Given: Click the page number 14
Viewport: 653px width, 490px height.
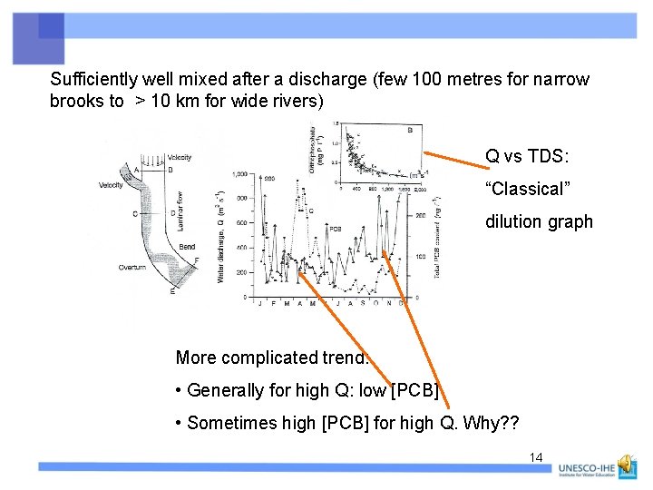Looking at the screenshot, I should (536, 457).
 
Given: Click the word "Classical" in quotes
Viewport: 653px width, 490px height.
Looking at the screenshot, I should (525, 189).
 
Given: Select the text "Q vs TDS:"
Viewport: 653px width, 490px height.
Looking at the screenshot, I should (527, 156).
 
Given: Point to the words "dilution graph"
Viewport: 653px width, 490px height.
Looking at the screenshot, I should (539, 221).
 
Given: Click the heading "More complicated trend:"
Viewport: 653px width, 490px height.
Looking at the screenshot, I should (273, 358).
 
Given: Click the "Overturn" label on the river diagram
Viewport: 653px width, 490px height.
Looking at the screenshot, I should (133, 268).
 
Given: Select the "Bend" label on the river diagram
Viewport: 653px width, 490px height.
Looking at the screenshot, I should (187, 247).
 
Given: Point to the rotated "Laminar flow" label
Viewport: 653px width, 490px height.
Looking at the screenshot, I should (180, 208).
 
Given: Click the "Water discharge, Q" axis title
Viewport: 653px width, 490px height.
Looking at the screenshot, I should (220, 236).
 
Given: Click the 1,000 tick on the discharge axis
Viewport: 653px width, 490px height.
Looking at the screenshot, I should (239, 174).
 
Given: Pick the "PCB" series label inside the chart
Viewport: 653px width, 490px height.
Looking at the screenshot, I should (335, 229).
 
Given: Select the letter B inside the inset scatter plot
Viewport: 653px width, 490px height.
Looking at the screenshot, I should (408, 130).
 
